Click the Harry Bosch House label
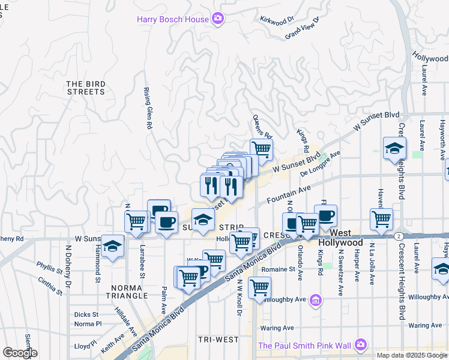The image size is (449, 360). [173, 19]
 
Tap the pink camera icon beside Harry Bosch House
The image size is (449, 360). [218, 19]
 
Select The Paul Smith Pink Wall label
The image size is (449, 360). [305, 345]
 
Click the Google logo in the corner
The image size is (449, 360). [19, 352]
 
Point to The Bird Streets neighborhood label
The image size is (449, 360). [86, 88]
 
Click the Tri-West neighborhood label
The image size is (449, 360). [218, 340]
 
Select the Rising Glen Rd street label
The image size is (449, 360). [146, 108]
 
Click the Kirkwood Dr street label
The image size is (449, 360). [277, 19]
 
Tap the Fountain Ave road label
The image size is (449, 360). [289, 194]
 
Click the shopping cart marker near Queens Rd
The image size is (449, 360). [261, 148]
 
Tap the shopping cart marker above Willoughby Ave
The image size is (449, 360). [259, 286]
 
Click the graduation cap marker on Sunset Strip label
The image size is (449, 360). [203, 219]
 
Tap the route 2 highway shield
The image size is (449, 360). [399, 236]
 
